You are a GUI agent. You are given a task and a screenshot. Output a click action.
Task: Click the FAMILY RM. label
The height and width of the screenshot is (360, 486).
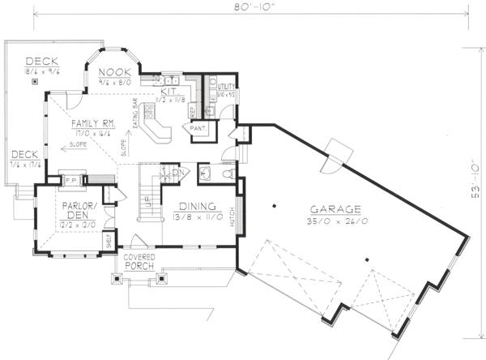pyautogui.click(x=90, y=123)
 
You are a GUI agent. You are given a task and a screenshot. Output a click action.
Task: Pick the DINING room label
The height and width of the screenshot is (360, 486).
pyautogui.click(x=196, y=206)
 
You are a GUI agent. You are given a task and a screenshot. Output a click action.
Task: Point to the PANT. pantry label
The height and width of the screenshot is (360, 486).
pyautogui.click(x=198, y=128)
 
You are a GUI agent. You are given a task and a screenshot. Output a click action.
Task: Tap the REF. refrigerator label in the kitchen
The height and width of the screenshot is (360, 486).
pyautogui.click(x=193, y=109)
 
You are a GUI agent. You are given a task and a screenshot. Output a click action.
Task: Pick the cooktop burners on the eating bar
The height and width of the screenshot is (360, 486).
pyautogui.click(x=150, y=114)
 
